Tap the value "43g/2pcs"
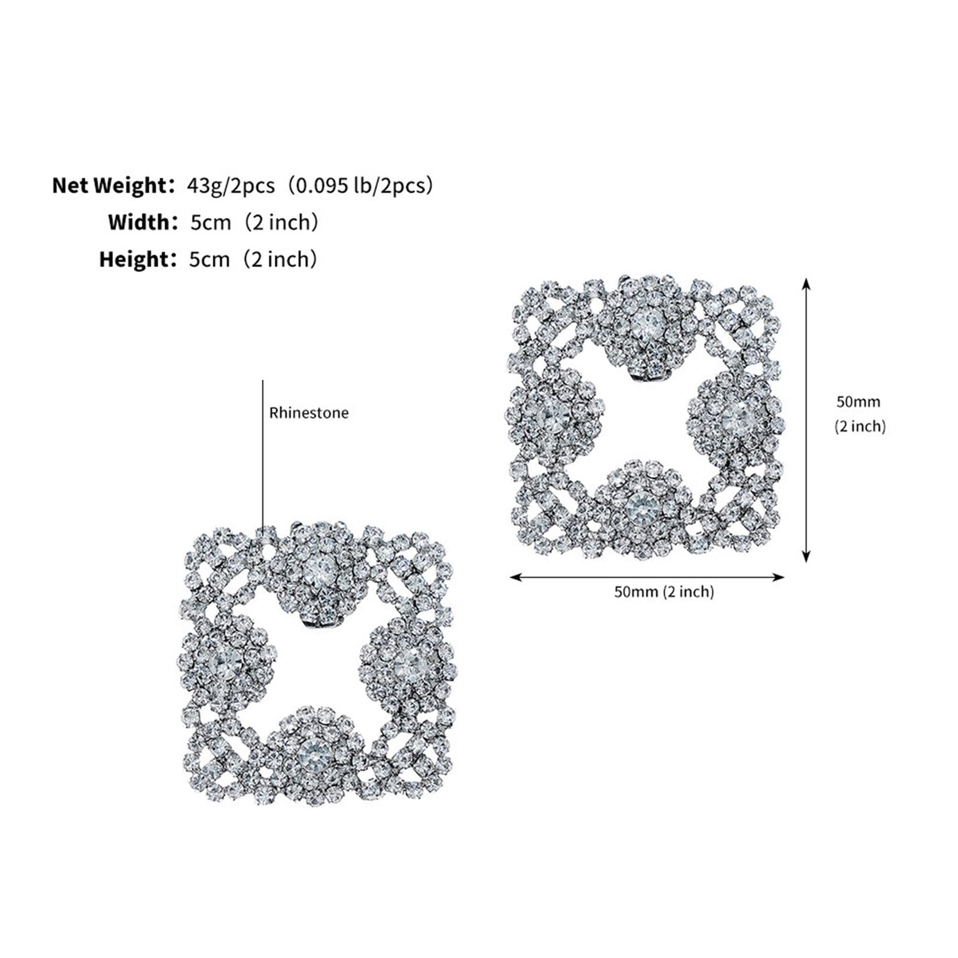231,186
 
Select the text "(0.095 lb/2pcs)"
359,186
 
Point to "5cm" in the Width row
210,223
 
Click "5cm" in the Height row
210,260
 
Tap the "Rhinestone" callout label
309,413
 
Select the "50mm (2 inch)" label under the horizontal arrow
664,592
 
